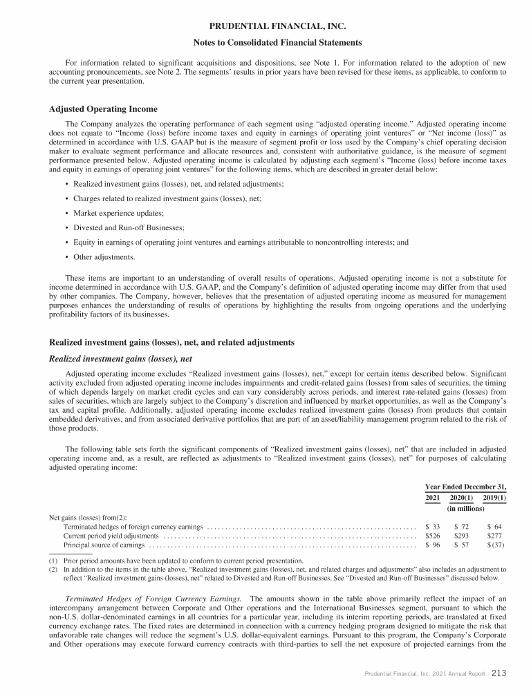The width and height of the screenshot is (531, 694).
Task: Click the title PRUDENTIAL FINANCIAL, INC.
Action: pyautogui.click(x=265, y=27)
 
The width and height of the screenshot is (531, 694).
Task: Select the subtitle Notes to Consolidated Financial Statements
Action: pyautogui.click(x=265, y=43)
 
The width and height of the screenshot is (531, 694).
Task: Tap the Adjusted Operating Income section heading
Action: pyautogui.click(x=103, y=109)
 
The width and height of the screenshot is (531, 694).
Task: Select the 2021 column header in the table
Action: pyautogui.click(x=431, y=498)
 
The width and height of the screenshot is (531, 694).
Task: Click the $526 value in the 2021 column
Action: pyautogui.click(x=431, y=536)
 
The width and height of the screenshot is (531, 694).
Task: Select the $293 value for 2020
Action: pyautogui.click(x=461, y=536)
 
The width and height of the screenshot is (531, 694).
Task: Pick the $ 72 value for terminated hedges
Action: pyautogui.click(x=461, y=527)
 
